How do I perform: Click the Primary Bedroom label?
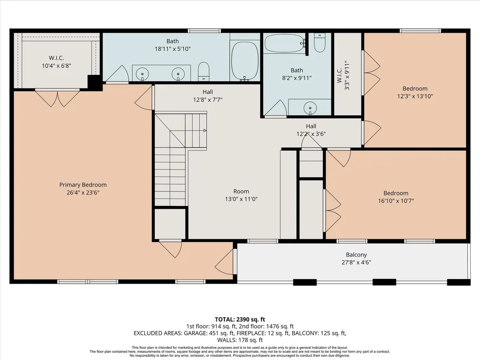click(x=83, y=185)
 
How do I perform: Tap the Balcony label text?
click(x=356, y=255)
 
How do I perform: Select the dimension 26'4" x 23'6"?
click(x=83, y=192)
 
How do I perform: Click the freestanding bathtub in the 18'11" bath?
click(x=244, y=61)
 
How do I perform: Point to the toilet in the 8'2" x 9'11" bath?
click(x=319, y=43)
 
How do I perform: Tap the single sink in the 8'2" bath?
click(x=310, y=108)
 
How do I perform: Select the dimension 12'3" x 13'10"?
click(x=415, y=96)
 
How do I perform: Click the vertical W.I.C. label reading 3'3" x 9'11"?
click(x=343, y=75)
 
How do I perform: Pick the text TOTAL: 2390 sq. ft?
click(x=240, y=320)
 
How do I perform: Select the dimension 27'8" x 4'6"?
click(x=356, y=262)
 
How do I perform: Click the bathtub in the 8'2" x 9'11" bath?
click(x=285, y=43)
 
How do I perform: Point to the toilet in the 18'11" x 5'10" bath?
click(x=204, y=72)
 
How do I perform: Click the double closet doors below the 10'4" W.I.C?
click(x=58, y=98)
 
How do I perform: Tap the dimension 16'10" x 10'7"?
click(x=396, y=201)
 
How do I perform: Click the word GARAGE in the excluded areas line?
click(x=195, y=333)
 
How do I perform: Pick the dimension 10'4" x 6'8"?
click(x=57, y=66)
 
